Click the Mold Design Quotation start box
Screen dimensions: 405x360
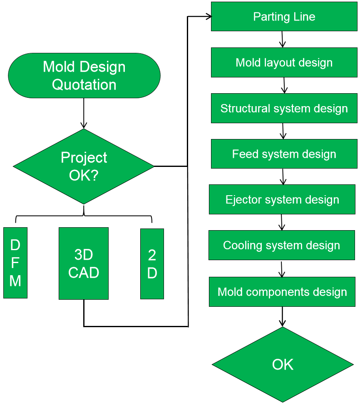[84, 75]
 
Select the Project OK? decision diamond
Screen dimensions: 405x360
[84, 166]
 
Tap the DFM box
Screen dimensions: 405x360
[15, 263]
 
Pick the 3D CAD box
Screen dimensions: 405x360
[84, 263]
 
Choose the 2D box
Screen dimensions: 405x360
[152, 263]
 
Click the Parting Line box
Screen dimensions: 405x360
[284, 17]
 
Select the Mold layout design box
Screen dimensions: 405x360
[284, 62]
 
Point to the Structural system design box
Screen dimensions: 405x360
[284, 108]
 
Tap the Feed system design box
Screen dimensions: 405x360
[284, 154]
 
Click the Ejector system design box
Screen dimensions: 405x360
[282, 199]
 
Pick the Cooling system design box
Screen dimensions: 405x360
[282, 245]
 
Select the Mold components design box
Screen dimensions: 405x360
[282, 291]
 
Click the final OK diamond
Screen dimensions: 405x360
[283, 365]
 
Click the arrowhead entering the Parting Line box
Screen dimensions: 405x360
[208, 17]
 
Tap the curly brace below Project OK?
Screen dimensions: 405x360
[84, 216]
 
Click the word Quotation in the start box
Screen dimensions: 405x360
[84, 84]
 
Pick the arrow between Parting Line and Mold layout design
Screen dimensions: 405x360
[283, 40]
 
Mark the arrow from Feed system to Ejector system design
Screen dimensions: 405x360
[283, 176]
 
